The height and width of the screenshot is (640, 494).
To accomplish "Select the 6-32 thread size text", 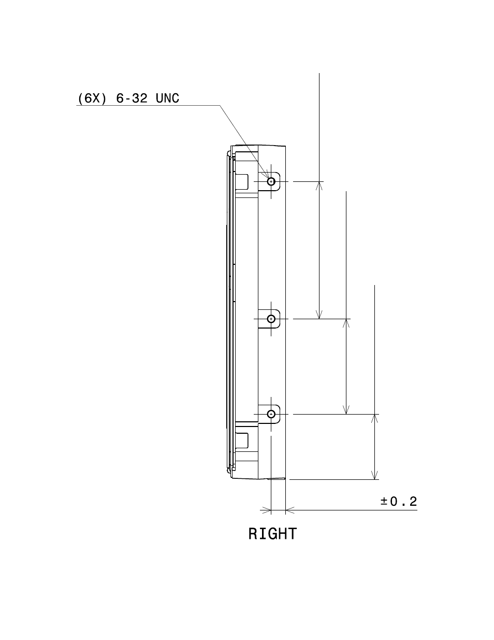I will click(132, 98).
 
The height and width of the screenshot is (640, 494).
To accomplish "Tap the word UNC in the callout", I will click(167, 98).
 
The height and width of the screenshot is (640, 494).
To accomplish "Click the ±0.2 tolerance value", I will click(399, 502).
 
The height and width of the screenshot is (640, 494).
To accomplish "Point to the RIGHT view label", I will click(272, 534).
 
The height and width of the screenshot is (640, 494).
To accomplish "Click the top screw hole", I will click(271, 181).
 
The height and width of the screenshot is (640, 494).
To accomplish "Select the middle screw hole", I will click(271, 318).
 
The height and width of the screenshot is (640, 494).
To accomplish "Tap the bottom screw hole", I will click(271, 414).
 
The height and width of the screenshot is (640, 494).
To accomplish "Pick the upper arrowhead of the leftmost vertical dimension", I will click(319, 186).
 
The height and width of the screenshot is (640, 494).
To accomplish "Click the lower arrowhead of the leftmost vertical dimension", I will click(319, 314).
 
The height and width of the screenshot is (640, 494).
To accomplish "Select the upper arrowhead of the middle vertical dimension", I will click(346, 323).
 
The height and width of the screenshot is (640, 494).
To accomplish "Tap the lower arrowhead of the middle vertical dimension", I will click(346, 409).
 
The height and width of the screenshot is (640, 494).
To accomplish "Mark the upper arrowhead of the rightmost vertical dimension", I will click(374, 419).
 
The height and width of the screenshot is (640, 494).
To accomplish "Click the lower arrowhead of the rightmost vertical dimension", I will click(374, 475).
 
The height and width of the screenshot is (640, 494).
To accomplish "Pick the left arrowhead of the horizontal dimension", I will click(266, 510).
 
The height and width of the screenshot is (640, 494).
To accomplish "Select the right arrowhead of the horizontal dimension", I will click(290, 510).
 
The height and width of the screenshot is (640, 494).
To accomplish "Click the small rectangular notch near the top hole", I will click(242, 181).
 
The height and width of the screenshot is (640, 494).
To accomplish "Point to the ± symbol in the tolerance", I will click(384, 502).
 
